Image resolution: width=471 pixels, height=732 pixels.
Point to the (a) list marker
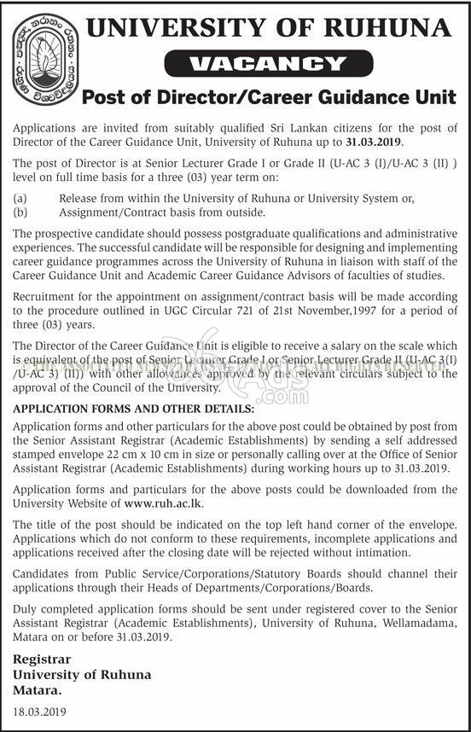tap(20, 198)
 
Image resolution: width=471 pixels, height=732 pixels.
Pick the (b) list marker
tap(20, 212)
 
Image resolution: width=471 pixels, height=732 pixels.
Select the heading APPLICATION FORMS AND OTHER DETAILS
tap(133, 409)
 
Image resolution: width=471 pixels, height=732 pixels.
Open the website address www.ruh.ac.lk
tap(163, 503)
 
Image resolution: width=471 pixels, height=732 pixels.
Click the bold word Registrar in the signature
tap(42, 659)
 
